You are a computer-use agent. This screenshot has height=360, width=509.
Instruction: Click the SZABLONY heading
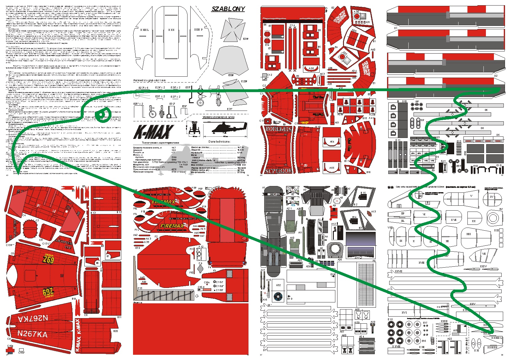tap(228, 9)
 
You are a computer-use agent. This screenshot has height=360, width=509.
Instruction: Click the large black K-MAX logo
tap(153, 132)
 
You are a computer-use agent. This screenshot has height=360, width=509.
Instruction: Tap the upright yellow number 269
tap(48, 260)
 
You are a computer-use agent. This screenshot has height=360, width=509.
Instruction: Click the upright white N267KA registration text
tap(33, 334)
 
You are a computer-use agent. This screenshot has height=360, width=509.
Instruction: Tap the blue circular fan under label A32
tap(278, 296)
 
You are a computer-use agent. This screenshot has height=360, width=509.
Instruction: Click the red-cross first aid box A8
tap(337, 201)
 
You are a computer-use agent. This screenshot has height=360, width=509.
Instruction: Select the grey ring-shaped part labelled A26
tap(335, 250)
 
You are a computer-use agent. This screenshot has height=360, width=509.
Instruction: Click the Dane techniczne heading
tap(219, 142)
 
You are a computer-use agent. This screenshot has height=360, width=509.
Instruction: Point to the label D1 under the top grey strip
tap(396, 28)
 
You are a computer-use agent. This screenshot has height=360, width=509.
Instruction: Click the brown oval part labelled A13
tap(369, 213)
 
